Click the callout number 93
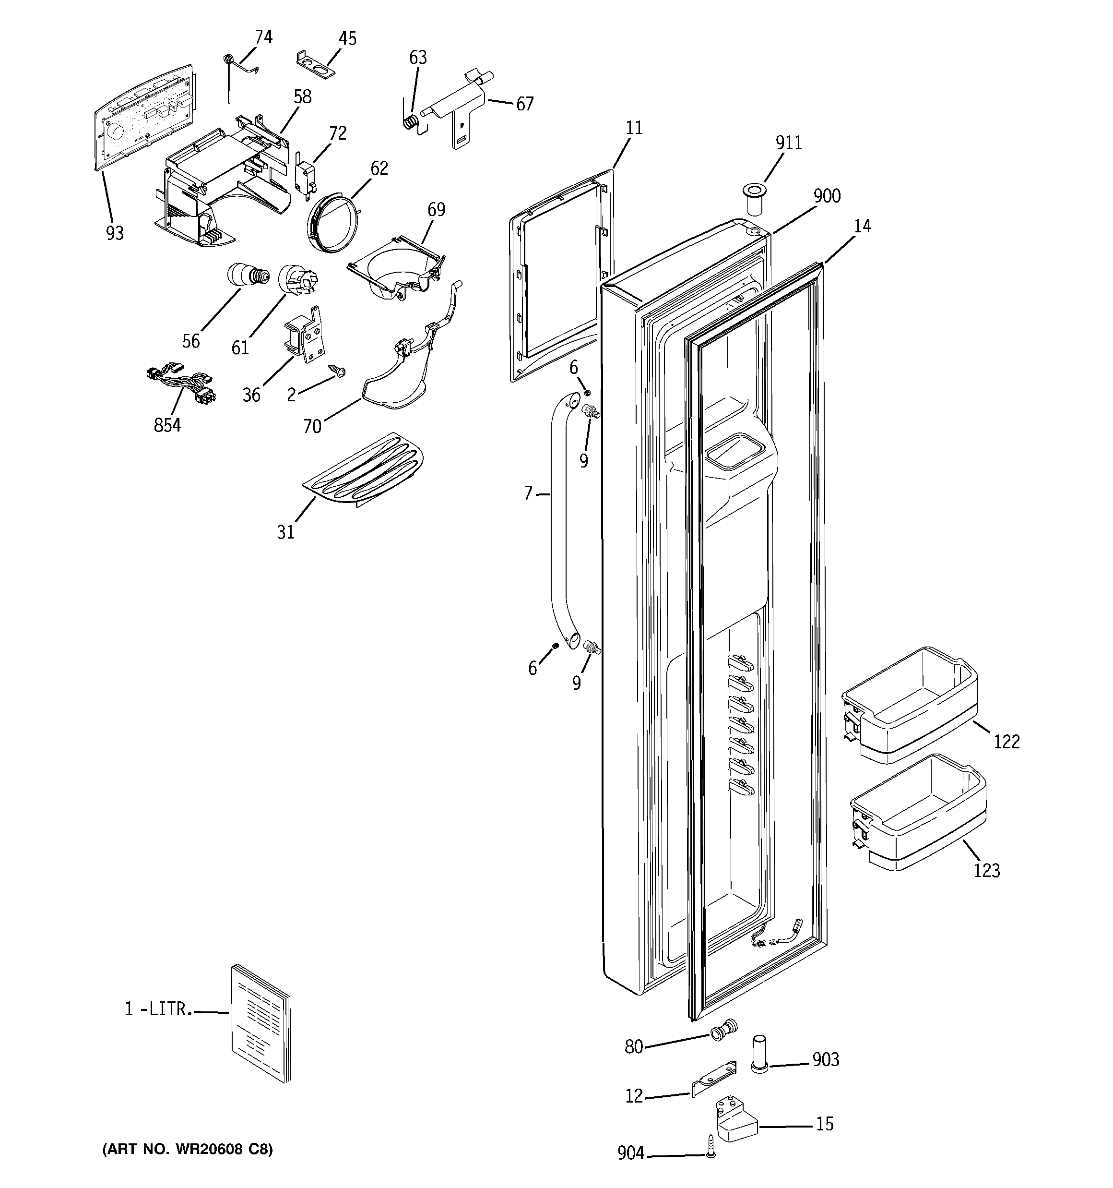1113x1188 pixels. point(115,232)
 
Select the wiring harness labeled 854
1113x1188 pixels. point(181,384)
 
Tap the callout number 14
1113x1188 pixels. point(862,226)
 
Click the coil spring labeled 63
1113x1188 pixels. point(410,122)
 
